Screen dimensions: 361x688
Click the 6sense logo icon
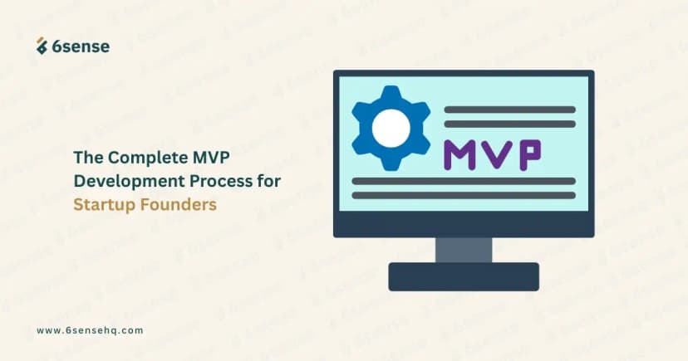42,46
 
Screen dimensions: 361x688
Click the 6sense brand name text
81,46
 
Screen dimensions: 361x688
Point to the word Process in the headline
216,180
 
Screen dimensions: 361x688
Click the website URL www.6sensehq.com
90,329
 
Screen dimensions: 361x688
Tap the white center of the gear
391,127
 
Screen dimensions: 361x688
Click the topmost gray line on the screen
509,110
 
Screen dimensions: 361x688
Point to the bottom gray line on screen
464,196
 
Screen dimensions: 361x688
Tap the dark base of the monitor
463,276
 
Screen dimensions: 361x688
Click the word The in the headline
87,157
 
